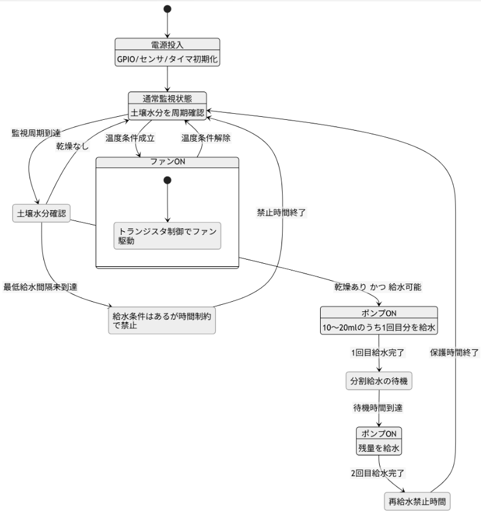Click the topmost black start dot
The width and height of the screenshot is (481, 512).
pyautogui.click(x=168, y=8)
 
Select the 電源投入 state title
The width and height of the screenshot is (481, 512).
pyautogui.click(x=168, y=45)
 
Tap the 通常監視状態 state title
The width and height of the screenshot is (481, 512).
pyautogui.click(x=168, y=98)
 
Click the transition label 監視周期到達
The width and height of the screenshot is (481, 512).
pyautogui.click(x=36, y=133)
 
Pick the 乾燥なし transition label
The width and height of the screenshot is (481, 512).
pyautogui.click(x=73, y=146)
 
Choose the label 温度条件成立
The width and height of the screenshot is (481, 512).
pyautogui.click(x=130, y=138)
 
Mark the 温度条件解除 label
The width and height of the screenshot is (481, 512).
pyautogui.click(x=206, y=138)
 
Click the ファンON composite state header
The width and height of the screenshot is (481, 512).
pyautogui.click(x=168, y=163)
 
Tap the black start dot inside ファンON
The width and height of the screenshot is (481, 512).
pyautogui.click(x=168, y=180)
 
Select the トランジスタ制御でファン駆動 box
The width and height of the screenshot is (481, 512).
pyautogui.click(x=168, y=236)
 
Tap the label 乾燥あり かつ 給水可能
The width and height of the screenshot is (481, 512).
pyautogui.click(x=378, y=287)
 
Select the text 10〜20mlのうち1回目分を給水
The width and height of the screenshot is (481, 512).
pyautogui.click(x=378, y=328)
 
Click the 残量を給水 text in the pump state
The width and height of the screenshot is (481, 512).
pyautogui.click(x=378, y=448)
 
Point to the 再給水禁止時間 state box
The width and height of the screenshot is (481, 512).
pyautogui.click(x=417, y=501)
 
